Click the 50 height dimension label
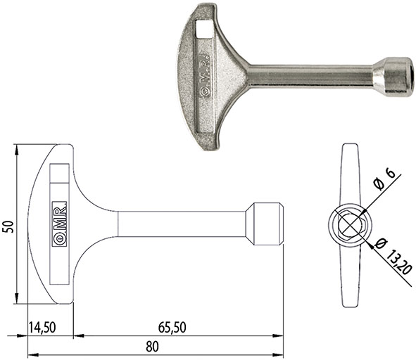[9, 226]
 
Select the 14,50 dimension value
[42, 327]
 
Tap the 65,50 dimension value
[172, 327]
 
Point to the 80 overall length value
[153, 347]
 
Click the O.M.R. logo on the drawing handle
[59, 224]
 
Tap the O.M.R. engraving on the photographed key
[205, 75]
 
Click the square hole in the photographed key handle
[203, 29]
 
